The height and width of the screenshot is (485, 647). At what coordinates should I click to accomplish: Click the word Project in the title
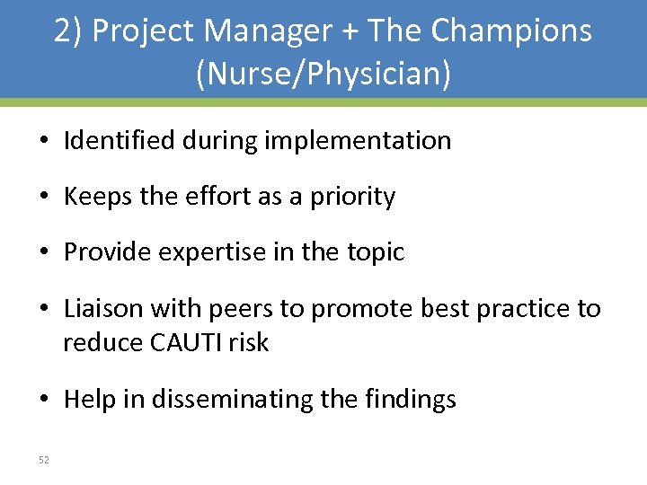pos(144,31)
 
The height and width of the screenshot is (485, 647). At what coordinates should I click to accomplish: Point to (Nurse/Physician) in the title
pos(323,74)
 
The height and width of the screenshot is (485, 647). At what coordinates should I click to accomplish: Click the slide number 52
pos(44,461)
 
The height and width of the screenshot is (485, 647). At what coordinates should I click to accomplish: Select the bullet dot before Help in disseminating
pos(43,400)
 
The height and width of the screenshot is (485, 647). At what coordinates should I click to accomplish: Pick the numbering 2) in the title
pos(69,31)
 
